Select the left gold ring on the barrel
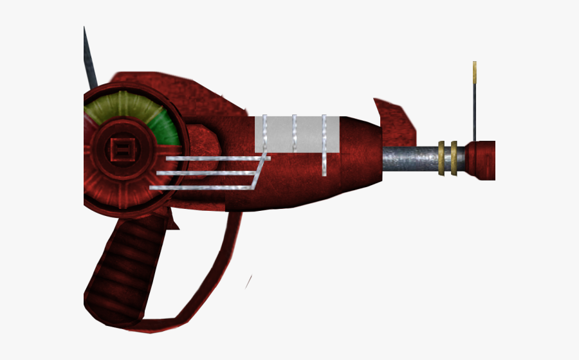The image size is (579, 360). pos(441,157)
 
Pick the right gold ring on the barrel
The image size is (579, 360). pos(454,157)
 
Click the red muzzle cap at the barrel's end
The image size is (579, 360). pos(481,160)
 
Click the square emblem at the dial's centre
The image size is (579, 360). pos(120,153)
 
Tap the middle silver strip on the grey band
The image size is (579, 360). pos(294,134)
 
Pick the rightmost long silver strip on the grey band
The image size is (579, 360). pos(324,145)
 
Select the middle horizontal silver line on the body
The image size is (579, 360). pos(206,173)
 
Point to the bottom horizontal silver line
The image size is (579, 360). pos(199,188)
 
